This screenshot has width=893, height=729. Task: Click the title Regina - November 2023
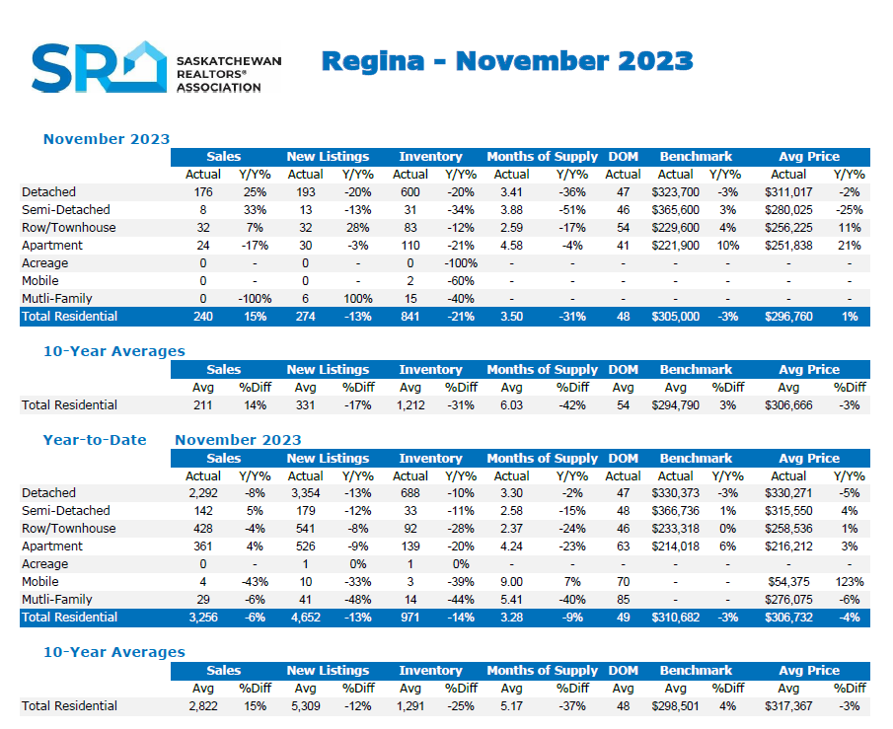507,61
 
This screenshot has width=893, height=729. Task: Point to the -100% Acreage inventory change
461,263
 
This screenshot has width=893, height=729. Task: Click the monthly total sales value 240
203,317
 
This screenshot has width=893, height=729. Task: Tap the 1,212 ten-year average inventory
410,405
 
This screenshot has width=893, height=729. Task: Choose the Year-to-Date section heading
95,440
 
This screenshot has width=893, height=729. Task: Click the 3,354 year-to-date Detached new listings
305,493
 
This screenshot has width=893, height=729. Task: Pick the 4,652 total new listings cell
305,618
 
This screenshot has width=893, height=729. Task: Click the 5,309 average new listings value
305,706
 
